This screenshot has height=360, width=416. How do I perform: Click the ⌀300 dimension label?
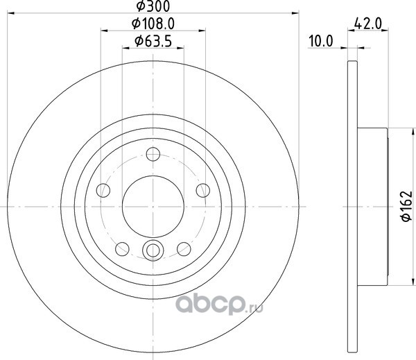153,6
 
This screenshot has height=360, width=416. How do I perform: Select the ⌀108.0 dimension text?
153,24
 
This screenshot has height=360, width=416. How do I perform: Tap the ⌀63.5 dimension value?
153,41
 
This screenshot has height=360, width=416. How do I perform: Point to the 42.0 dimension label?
367,24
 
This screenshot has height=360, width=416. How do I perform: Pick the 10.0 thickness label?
321,42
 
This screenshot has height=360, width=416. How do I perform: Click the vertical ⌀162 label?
406,206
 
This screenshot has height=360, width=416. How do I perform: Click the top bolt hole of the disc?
153,154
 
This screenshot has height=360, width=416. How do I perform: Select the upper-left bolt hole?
103,190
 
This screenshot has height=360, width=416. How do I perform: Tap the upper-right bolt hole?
203,190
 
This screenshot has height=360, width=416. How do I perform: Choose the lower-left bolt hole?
122,249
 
